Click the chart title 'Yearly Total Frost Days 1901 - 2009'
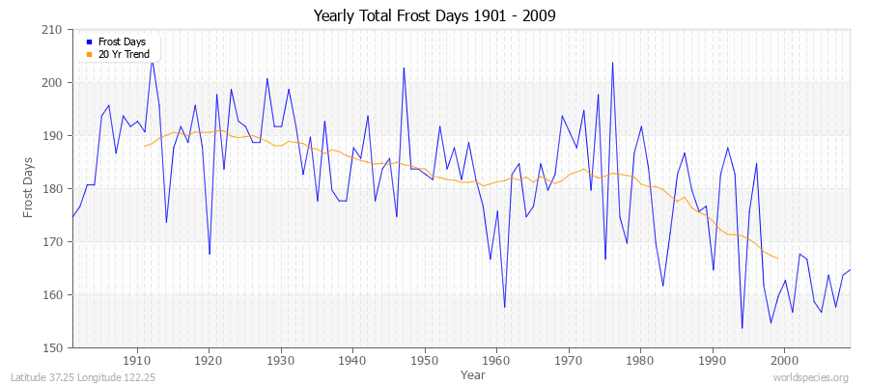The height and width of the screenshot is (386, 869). pos(434,15)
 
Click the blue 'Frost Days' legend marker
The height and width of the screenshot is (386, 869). pos(89,42)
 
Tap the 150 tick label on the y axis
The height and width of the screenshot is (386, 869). pos(53,347)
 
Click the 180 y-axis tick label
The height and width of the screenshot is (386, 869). pos(53,189)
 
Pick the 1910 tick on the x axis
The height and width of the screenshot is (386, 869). pos(137,361)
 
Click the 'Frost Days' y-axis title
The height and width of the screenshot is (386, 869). pos(30,189)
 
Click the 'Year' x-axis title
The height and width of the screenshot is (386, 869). pos(461,374)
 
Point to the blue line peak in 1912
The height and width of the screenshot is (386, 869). pos(152,60)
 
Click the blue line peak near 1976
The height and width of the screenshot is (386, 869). pos(612,63)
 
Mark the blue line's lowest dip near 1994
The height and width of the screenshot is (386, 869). pos(742,328)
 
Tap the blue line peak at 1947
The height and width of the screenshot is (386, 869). pos(404,68)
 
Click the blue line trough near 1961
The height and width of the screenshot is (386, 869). pos(504,307)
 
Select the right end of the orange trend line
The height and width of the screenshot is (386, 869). pos(777,259)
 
